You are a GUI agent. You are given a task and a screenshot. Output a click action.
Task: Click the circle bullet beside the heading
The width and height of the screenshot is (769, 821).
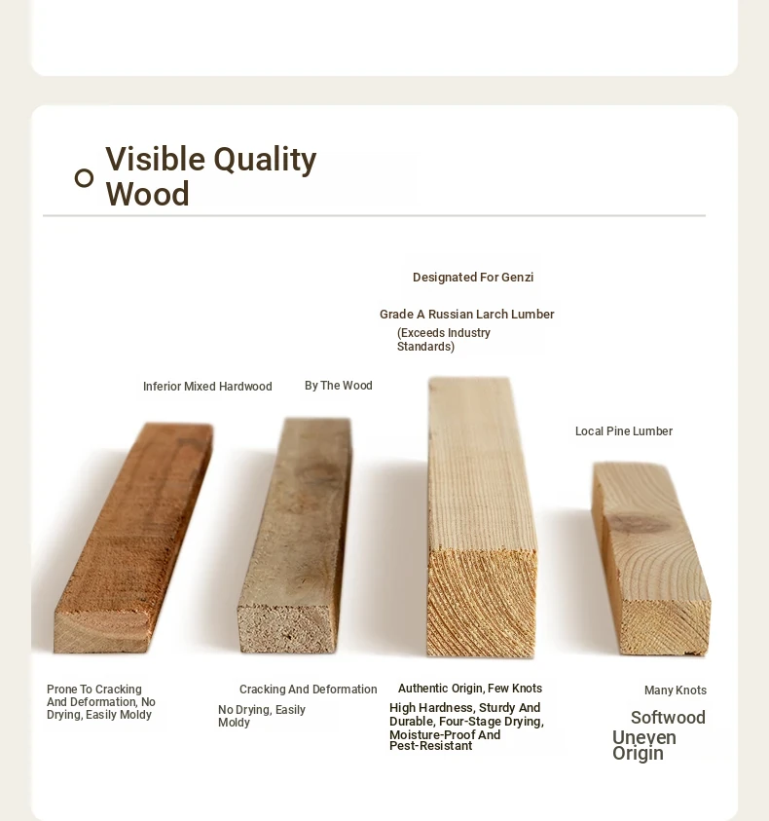tap(85, 178)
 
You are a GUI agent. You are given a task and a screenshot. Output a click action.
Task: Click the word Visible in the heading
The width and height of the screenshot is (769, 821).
tap(156, 159)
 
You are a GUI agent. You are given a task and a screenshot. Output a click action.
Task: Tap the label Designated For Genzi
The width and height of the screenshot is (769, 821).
tap(473, 278)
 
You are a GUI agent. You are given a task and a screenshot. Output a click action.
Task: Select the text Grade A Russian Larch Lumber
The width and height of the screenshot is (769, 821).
tap(467, 315)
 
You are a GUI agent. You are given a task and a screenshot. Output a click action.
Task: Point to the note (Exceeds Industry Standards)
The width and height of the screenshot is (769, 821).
tap(444, 340)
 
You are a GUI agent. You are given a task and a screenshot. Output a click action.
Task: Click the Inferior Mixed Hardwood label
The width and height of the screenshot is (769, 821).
tap(207, 387)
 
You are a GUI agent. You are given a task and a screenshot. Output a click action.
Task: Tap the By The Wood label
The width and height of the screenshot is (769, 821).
tap(339, 386)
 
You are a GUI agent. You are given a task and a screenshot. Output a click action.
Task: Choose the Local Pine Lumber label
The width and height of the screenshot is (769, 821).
tap(624, 431)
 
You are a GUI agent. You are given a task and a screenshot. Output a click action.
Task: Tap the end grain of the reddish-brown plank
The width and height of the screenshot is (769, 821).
tap(102, 632)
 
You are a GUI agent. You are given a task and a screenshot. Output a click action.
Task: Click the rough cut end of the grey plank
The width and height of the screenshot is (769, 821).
tap(287, 629)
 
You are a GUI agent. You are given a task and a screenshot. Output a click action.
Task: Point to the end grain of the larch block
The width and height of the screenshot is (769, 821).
tap(482, 603)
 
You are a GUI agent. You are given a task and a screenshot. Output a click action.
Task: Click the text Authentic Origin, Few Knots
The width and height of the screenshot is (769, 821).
tap(470, 689)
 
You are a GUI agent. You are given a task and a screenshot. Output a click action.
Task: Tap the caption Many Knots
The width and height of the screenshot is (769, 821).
tap(676, 690)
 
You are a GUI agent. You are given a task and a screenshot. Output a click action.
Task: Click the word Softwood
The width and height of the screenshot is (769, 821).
tap(668, 718)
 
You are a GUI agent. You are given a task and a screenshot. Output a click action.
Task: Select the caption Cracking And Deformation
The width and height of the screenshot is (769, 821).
tap(309, 690)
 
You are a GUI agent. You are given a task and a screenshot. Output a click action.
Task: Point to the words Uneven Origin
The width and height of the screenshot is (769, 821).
tap(644, 746)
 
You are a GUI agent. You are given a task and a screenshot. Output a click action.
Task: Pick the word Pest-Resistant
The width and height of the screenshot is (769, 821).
tap(431, 746)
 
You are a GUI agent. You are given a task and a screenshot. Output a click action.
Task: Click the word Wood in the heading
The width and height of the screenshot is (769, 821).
tap(148, 194)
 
